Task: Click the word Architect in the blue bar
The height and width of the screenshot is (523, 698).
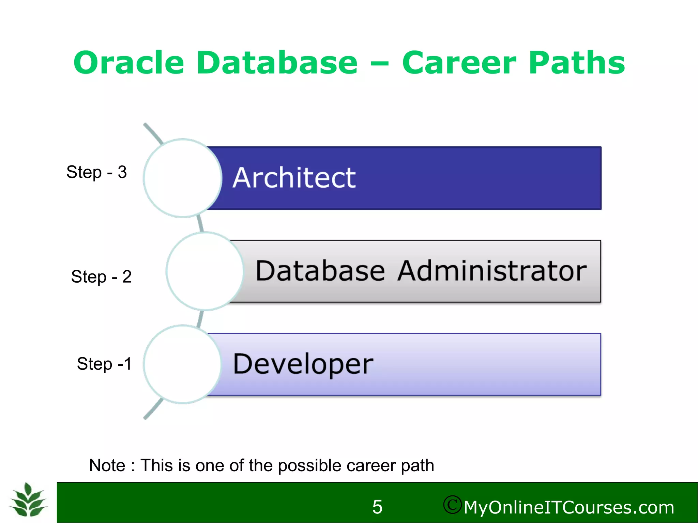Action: [294, 178]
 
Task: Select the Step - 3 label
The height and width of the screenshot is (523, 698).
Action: [96, 172]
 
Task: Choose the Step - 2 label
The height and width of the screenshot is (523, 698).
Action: [101, 276]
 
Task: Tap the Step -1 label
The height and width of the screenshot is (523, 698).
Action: [104, 364]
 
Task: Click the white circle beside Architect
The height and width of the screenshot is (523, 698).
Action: [183, 178]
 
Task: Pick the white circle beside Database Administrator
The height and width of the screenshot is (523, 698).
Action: [205, 271]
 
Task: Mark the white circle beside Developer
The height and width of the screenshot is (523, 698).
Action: [183, 364]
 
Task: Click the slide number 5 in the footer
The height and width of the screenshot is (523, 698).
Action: [377, 507]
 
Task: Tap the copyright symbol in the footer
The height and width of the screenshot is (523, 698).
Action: [452, 505]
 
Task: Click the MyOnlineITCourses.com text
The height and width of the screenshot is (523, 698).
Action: [569, 507]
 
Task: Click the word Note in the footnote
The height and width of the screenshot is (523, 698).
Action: [107, 465]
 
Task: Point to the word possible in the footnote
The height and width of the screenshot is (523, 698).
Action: [309, 466]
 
